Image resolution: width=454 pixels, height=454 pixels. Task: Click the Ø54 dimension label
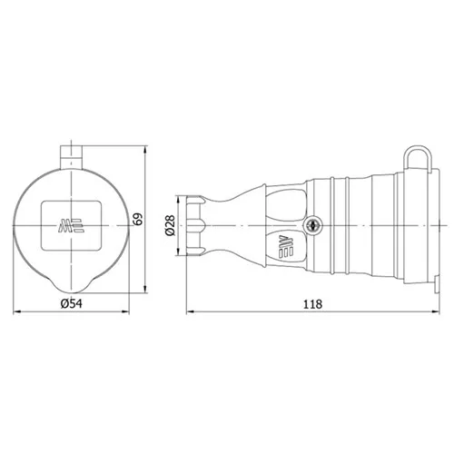[71, 303]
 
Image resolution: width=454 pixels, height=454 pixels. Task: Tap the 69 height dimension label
[138, 219]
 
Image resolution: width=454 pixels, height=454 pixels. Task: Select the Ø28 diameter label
[170, 225]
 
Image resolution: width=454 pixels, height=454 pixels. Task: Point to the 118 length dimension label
[312, 304]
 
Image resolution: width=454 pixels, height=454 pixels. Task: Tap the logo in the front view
[71, 225]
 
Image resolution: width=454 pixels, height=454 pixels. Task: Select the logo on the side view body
[286, 247]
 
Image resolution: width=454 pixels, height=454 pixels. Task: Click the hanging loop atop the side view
[417, 157]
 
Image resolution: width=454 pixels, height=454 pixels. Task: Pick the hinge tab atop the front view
[72, 157]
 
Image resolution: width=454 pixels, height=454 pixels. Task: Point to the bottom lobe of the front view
[72, 285]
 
